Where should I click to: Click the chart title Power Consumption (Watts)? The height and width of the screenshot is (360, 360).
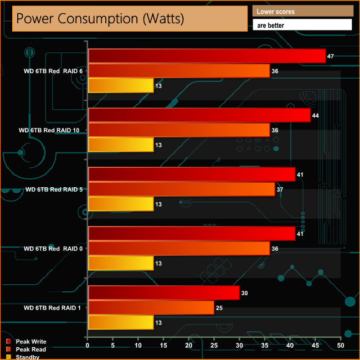tap(100, 18)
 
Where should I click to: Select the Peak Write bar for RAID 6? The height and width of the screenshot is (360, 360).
tap(207, 56)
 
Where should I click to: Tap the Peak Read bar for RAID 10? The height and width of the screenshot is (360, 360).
tap(179, 130)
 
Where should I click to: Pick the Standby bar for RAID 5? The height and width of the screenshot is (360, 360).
tap(121, 204)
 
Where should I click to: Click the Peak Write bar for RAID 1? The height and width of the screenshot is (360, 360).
tap(163, 293)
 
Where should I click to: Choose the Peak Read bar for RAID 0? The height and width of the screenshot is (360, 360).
tap(179, 248)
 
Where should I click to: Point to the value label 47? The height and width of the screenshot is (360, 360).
tap(331, 56)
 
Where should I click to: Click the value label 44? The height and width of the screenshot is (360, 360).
tap(315, 115)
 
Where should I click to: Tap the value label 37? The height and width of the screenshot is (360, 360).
tap(280, 189)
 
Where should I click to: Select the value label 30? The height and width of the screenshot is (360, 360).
tap(244, 293)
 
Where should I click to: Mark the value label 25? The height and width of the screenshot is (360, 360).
tap(219, 307)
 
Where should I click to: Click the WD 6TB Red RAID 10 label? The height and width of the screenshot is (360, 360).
tap(50, 130)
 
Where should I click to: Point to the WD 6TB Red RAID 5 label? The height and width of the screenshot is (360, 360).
tap(54, 189)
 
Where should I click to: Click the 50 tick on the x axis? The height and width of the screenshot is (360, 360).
tap(340, 345)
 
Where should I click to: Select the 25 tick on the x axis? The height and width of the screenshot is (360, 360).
tap(214, 345)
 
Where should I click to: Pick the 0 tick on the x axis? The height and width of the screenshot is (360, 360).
tap(88, 345)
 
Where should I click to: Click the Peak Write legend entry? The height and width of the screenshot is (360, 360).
tap(31, 342)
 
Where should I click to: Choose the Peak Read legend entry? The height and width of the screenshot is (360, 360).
tap(30, 349)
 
